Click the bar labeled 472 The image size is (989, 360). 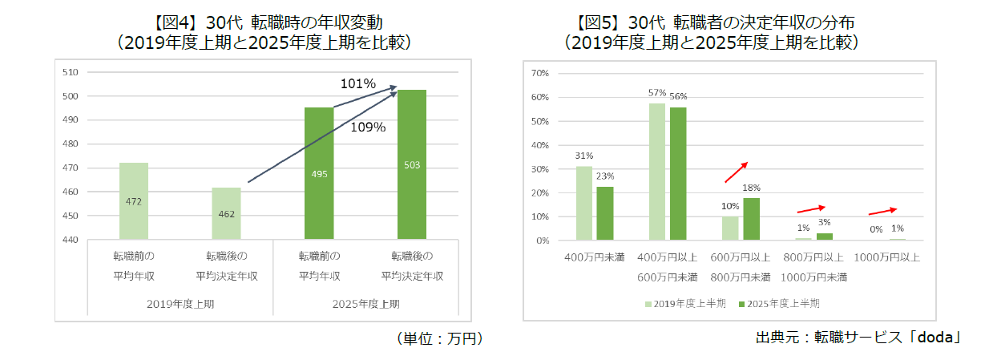(x=134, y=200)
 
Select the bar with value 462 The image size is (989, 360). (x=227, y=213)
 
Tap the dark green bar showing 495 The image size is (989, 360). (x=319, y=173)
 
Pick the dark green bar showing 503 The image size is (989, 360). (x=412, y=164)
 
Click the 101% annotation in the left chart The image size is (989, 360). (x=357, y=83)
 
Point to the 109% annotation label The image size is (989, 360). (x=369, y=127)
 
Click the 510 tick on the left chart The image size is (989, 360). (x=71, y=72)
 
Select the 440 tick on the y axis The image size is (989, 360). (x=71, y=240)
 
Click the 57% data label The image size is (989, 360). (x=657, y=93)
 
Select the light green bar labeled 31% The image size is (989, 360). (x=584, y=204)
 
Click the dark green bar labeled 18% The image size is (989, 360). (x=751, y=219)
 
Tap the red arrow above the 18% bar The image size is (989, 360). (x=737, y=172)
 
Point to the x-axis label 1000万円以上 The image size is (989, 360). (x=886, y=257)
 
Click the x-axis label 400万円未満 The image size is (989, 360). (x=595, y=257)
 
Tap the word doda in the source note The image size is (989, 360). (x=937, y=338)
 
